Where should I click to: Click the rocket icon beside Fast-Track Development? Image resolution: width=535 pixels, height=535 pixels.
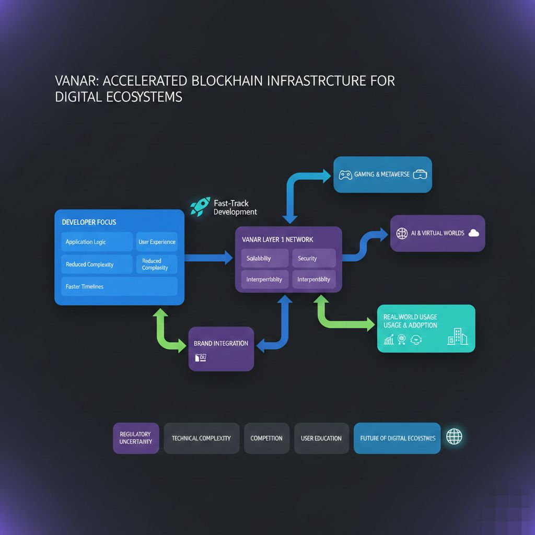click(200, 206)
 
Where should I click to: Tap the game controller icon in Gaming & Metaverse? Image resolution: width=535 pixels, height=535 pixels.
click(345, 175)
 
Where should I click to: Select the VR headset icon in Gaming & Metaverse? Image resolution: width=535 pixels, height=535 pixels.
click(420, 175)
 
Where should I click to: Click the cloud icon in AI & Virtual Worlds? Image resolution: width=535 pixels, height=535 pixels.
click(474, 233)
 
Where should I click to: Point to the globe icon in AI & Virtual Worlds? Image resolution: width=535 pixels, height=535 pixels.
click(402, 233)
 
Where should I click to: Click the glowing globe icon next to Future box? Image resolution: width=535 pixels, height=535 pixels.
click(454, 437)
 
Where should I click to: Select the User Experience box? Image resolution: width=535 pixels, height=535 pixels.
click(157, 242)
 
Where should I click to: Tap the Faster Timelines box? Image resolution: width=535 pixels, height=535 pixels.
click(119, 286)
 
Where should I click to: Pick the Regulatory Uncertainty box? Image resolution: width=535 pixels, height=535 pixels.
click(136, 438)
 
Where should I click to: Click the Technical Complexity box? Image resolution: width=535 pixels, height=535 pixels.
click(201, 438)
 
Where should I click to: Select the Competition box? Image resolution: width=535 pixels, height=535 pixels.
click(266, 438)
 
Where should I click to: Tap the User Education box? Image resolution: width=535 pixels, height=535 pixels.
click(321, 438)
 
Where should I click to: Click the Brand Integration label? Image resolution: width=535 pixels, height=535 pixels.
click(220, 343)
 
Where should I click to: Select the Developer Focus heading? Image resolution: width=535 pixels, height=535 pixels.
click(89, 222)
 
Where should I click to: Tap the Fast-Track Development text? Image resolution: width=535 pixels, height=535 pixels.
click(235, 207)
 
